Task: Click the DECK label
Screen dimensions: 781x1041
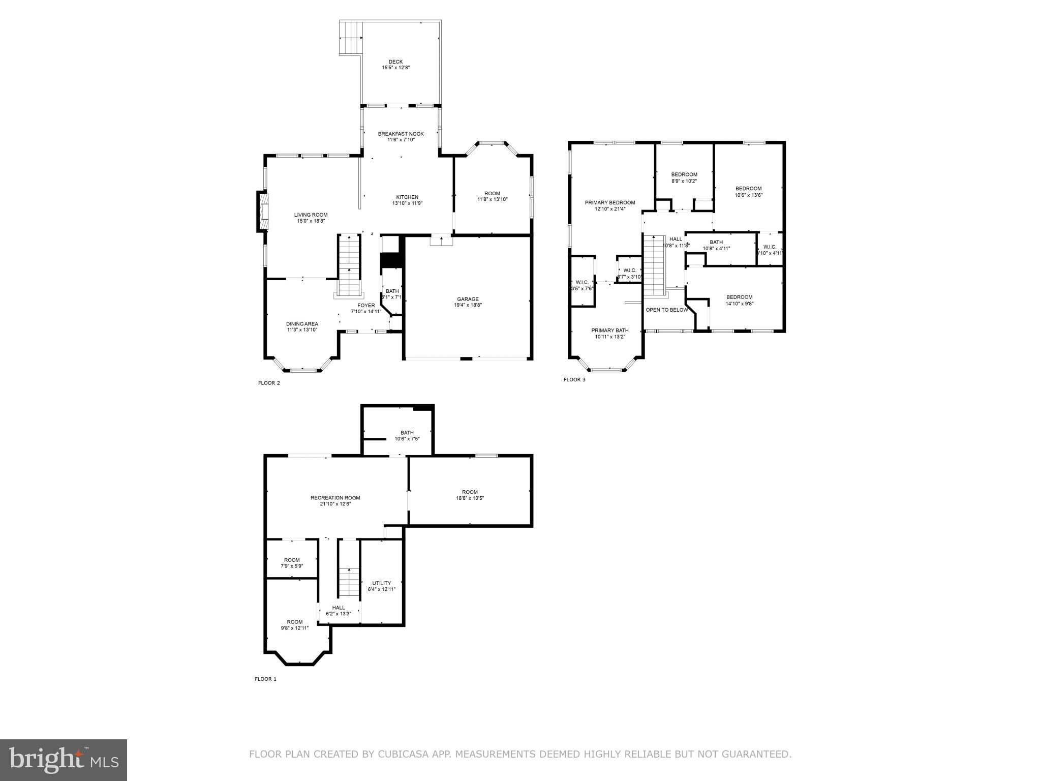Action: (395, 62)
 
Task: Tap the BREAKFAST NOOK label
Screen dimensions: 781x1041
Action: (401, 134)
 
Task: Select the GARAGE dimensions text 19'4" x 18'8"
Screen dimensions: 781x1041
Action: (468, 305)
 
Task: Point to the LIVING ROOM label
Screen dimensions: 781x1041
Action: (311, 215)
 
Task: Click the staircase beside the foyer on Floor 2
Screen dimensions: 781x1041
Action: (349, 265)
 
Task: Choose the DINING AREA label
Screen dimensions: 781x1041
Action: (302, 324)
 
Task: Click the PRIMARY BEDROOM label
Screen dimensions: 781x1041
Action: (610, 202)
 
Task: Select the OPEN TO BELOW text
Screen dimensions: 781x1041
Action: (667, 310)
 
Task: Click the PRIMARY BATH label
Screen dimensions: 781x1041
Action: (610, 330)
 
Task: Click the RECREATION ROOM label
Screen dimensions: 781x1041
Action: (335, 498)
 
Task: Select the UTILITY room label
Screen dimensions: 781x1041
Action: (381, 583)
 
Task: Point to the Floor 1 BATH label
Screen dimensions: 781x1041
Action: (407, 433)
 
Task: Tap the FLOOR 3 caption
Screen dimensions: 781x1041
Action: (574, 379)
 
